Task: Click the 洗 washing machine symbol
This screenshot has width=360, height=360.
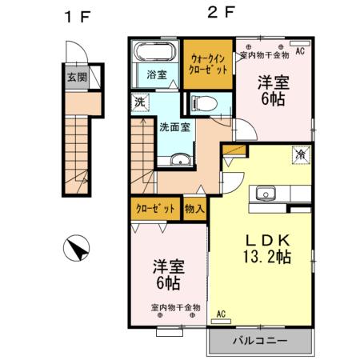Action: click(x=139, y=103)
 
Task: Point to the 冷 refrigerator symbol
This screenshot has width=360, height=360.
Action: click(x=300, y=153)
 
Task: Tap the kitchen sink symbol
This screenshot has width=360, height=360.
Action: click(x=266, y=193)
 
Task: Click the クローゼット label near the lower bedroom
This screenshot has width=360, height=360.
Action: click(x=155, y=207)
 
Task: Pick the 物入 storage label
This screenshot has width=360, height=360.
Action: click(x=194, y=207)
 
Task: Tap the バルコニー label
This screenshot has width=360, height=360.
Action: click(x=259, y=341)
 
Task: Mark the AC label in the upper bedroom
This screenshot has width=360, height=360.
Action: click(x=301, y=50)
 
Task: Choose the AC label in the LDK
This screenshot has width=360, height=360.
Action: click(x=221, y=314)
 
